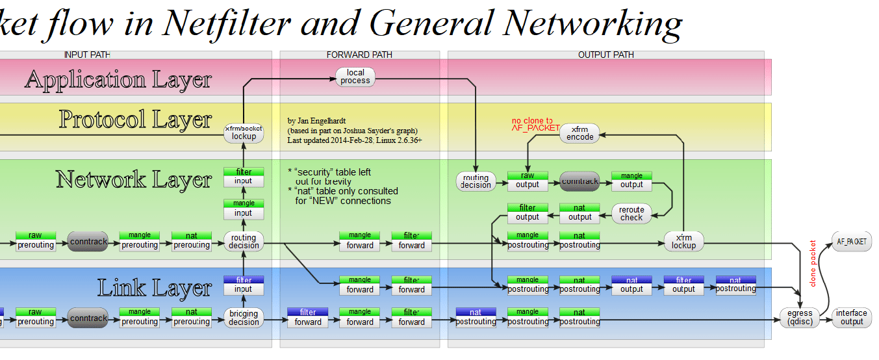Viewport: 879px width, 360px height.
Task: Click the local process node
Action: point(355,77)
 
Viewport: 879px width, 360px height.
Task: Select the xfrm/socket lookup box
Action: point(244,133)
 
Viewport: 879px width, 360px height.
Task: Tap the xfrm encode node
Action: point(580,133)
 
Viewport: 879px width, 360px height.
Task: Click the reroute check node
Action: point(631,213)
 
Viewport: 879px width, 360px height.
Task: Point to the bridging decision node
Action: point(244,318)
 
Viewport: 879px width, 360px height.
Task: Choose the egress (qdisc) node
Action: point(800,317)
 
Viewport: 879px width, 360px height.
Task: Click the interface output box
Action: point(852,317)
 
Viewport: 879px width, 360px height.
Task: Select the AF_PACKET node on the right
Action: point(851,241)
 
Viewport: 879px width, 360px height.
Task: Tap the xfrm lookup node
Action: point(683,241)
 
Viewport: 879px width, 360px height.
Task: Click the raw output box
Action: point(528,180)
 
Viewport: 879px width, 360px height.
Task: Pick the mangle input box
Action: point(244,209)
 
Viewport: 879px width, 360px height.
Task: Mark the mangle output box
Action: point(631,180)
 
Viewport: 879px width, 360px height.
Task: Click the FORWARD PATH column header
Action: point(359,55)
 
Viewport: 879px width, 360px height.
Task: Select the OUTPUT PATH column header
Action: point(605,55)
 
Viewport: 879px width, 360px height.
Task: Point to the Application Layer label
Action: point(118,79)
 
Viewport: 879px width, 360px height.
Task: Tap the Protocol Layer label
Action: point(135,120)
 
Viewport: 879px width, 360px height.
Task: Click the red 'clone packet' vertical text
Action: point(813,263)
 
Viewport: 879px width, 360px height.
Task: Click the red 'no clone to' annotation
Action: point(532,121)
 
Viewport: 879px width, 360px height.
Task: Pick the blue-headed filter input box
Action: point(244,284)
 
